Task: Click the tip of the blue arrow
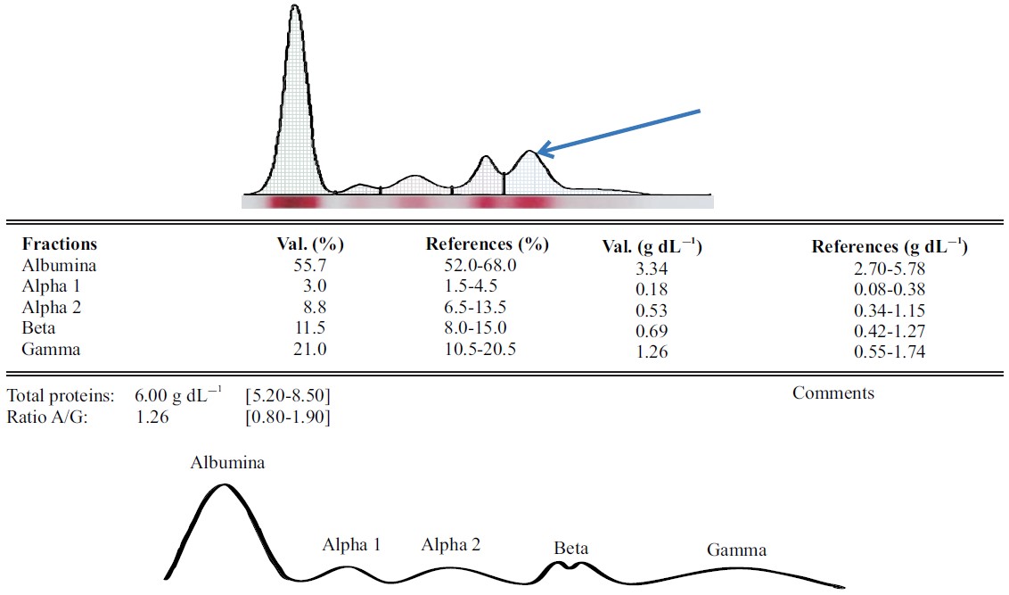coord(538,153)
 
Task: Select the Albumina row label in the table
coord(59,266)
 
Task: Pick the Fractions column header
coord(60,244)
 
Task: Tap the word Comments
coord(833,393)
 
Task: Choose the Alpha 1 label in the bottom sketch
coord(351,545)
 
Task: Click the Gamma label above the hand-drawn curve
coord(736,550)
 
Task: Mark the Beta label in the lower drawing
coord(570,548)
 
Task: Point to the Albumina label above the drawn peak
coord(227,463)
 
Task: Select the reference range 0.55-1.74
coord(889,352)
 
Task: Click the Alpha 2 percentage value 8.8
coord(316,308)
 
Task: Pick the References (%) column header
coord(487,244)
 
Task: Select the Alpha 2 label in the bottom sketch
coord(451,544)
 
